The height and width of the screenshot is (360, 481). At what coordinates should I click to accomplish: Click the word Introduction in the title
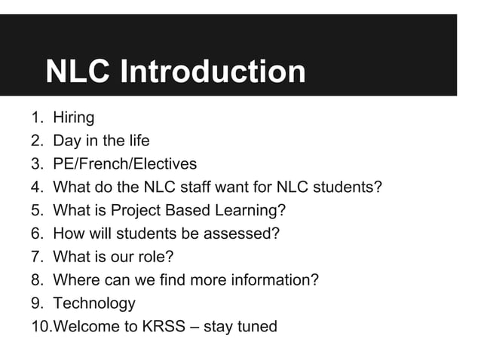coord(213,72)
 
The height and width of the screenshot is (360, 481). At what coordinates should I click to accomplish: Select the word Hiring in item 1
coord(74,117)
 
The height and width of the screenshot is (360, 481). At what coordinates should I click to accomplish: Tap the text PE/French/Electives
coord(124,164)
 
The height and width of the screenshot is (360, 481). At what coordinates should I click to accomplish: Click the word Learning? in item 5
coord(254,211)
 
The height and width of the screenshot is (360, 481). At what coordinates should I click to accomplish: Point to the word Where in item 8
coord(74,281)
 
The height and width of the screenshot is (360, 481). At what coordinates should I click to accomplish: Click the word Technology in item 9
coord(94,304)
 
